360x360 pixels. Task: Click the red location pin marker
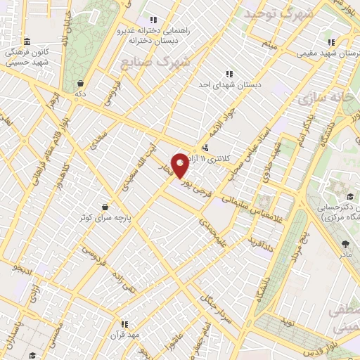181,165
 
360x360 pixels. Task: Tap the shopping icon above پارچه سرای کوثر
105,207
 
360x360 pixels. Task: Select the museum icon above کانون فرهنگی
27,41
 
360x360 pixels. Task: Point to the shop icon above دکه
81,82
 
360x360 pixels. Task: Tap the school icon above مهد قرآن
124,324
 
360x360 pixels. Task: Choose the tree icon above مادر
345,244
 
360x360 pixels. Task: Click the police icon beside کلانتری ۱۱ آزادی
205,148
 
